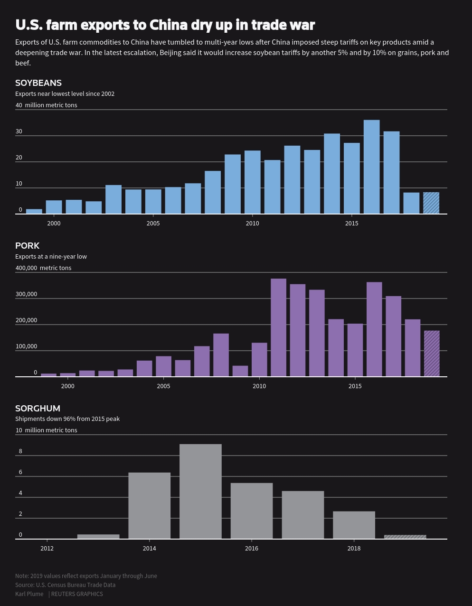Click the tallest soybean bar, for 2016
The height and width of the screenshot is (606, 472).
pyautogui.click(x=371, y=167)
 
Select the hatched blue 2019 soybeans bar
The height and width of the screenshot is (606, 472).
pyautogui.click(x=431, y=203)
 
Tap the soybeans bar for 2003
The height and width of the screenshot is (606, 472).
pyautogui.click(x=113, y=199)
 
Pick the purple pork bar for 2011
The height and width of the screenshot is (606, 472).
pyautogui.click(x=279, y=327)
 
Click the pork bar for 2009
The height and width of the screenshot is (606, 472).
pyautogui.click(x=240, y=371)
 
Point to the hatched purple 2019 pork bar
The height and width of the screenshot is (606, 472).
pyautogui.click(x=432, y=354)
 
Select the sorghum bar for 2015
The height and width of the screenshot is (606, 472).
pyautogui.click(x=200, y=492)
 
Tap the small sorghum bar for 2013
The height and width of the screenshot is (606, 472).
pyautogui.click(x=98, y=537)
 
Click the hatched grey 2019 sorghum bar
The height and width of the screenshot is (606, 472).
pyautogui.click(x=405, y=537)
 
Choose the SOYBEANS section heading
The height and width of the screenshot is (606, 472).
pyautogui.click(x=38, y=83)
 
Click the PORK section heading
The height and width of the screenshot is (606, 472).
pyautogui.click(x=27, y=246)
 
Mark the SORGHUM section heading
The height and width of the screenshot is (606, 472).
pyautogui.click(x=38, y=409)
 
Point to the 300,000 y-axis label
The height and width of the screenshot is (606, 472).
pyautogui.click(x=26, y=294)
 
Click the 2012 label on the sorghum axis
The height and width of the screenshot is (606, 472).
pyautogui.click(x=47, y=549)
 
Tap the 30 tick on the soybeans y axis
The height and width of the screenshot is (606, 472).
pyautogui.click(x=19, y=131)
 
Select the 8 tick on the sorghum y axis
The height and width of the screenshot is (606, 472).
pyautogui.click(x=20, y=451)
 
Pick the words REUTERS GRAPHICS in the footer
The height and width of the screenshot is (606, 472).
pyautogui.click(x=77, y=594)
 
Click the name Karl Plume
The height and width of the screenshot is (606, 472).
pyautogui.click(x=29, y=594)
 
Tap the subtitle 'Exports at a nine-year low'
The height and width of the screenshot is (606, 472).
pyautogui.click(x=51, y=257)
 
